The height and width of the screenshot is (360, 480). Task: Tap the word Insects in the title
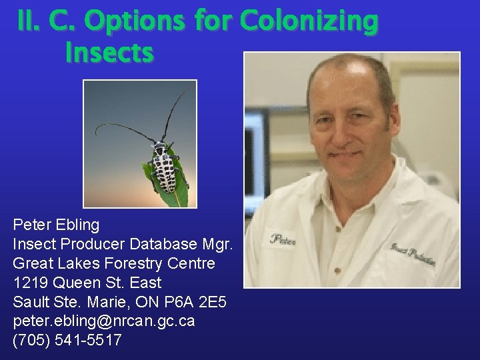pyautogui.click(x=109, y=53)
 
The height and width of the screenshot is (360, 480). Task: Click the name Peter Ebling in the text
pyautogui.click(x=56, y=225)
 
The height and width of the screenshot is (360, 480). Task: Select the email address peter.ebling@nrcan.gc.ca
pyautogui.click(x=104, y=321)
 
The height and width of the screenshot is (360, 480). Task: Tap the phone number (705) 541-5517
pyautogui.click(x=67, y=341)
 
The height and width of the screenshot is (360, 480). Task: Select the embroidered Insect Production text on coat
pyautogui.click(x=413, y=254)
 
